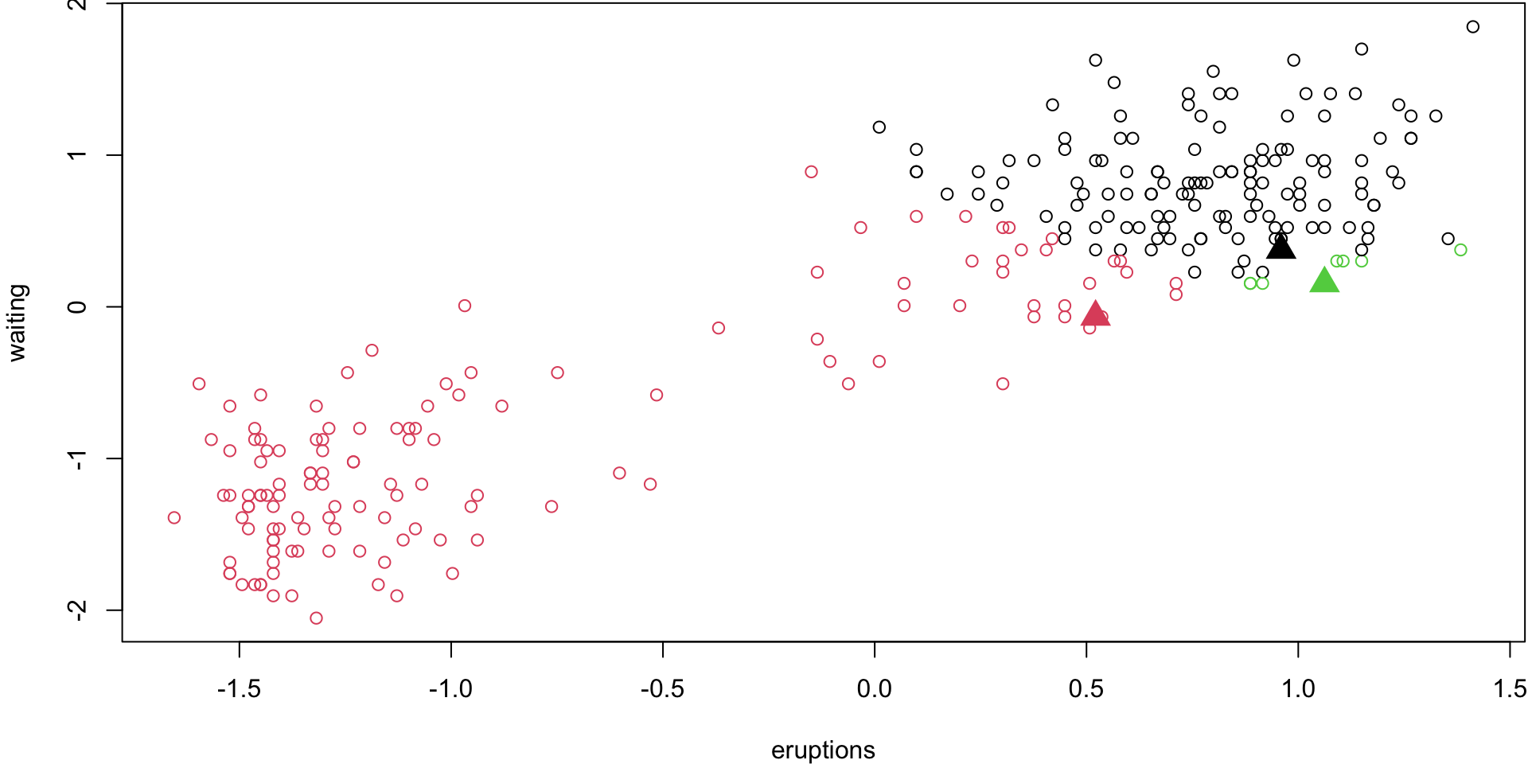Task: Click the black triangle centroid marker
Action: click(1280, 248)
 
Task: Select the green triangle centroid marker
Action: click(1324, 281)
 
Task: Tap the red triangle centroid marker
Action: click(1095, 314)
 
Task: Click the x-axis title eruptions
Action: click(823, 750)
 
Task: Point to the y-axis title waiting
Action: click(18, 322)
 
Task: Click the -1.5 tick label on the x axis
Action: click(239, 688)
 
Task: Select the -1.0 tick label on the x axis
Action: click(450, 688)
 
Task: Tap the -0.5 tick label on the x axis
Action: click(662, 688)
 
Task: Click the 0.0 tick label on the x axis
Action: click(874, 688)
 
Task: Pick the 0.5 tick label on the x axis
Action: click(1086, 688)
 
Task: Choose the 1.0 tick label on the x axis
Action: click(1298, 688)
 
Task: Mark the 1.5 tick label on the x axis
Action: click(1510, 688)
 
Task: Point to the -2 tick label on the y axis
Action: click(77, 610)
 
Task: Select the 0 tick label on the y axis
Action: click(77, 306)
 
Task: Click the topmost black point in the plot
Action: click(1472, 27)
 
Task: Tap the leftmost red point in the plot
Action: click(174, 518)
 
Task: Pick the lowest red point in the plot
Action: click(316, 618)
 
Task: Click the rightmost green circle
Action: click(1460, 250)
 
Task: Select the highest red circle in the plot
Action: click(811, 172)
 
